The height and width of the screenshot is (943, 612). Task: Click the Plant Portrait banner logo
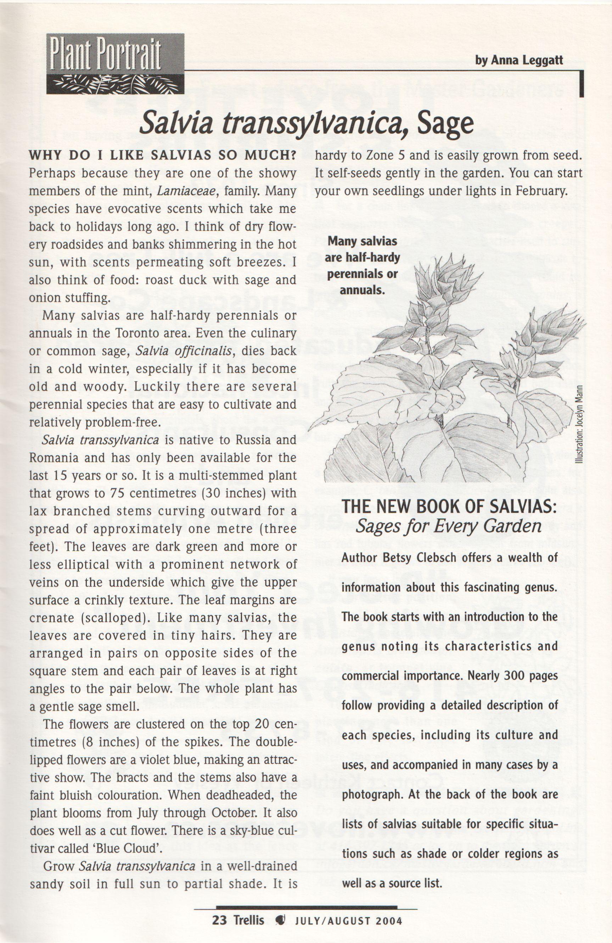pos(115,63)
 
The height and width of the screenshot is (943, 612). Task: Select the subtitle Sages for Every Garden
pos(448,526)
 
